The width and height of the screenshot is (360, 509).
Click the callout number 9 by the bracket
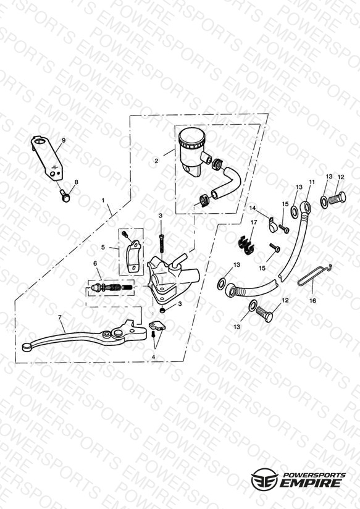(64, 141)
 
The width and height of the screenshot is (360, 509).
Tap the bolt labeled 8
(65, 195)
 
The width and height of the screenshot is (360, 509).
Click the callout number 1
(104, 201)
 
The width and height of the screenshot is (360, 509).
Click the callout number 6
(95, 264)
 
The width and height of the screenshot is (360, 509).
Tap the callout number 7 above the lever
(60, 317)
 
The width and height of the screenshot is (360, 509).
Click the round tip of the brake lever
(26, 348)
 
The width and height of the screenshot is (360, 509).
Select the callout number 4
(154, 357)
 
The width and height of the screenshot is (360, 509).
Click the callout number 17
(254, 223)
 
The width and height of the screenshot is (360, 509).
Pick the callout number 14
(253, 208)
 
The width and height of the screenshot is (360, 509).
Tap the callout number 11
(312, 182)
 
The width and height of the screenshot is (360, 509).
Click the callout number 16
(312, 301)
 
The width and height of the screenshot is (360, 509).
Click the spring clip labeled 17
(246, 244)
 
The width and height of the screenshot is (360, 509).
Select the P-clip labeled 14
(273, 225)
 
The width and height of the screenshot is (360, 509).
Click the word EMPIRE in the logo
(311, 483)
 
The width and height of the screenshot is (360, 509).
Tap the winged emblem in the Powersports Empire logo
(264, 479)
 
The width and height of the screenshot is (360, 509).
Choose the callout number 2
(156, 161)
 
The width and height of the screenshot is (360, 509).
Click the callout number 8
(77, 182)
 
